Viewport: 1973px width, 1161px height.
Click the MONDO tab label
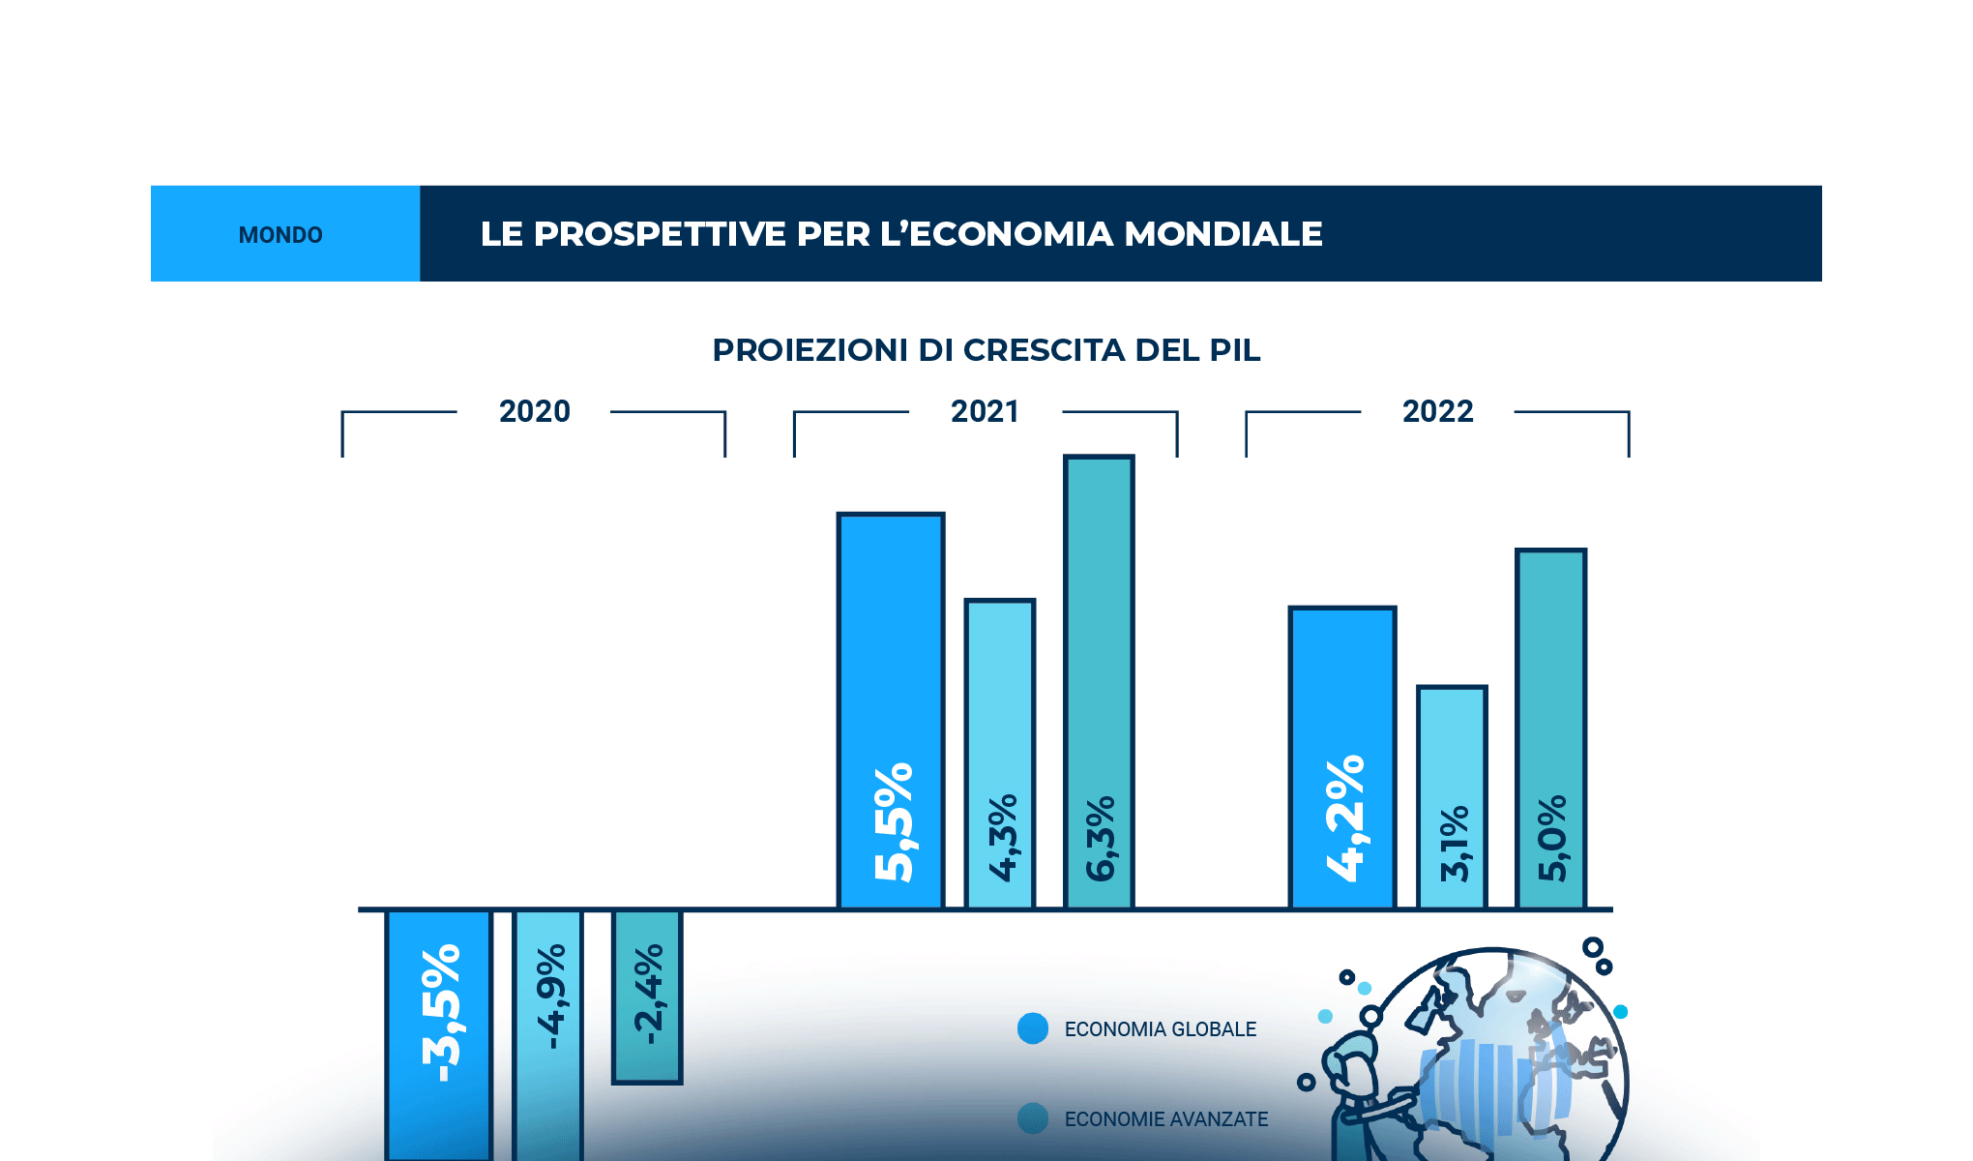(280, 235)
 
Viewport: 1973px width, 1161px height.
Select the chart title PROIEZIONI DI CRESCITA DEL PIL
(986, 350)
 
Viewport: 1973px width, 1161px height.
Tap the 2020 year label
(534, 411)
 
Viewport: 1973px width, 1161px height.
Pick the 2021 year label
(985, 411)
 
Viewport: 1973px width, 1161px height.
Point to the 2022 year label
(1437, 411)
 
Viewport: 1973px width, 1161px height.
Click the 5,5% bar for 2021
(891, 711)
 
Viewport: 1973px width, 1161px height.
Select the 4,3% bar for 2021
(1000, 755)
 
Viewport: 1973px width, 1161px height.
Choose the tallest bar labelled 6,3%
(1099, 682)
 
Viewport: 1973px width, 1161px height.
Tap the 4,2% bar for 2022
(1342, 759)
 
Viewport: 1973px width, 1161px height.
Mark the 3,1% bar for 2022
(1452, 798)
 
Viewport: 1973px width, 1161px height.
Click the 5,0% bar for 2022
(1550, 729)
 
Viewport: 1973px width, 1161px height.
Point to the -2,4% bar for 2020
(647, 997)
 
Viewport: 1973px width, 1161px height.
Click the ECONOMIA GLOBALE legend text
(1160, 1029)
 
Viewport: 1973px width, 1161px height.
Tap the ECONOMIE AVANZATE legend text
(1165, 1119)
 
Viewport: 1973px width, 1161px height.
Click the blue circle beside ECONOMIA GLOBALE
(1033, 1028)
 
